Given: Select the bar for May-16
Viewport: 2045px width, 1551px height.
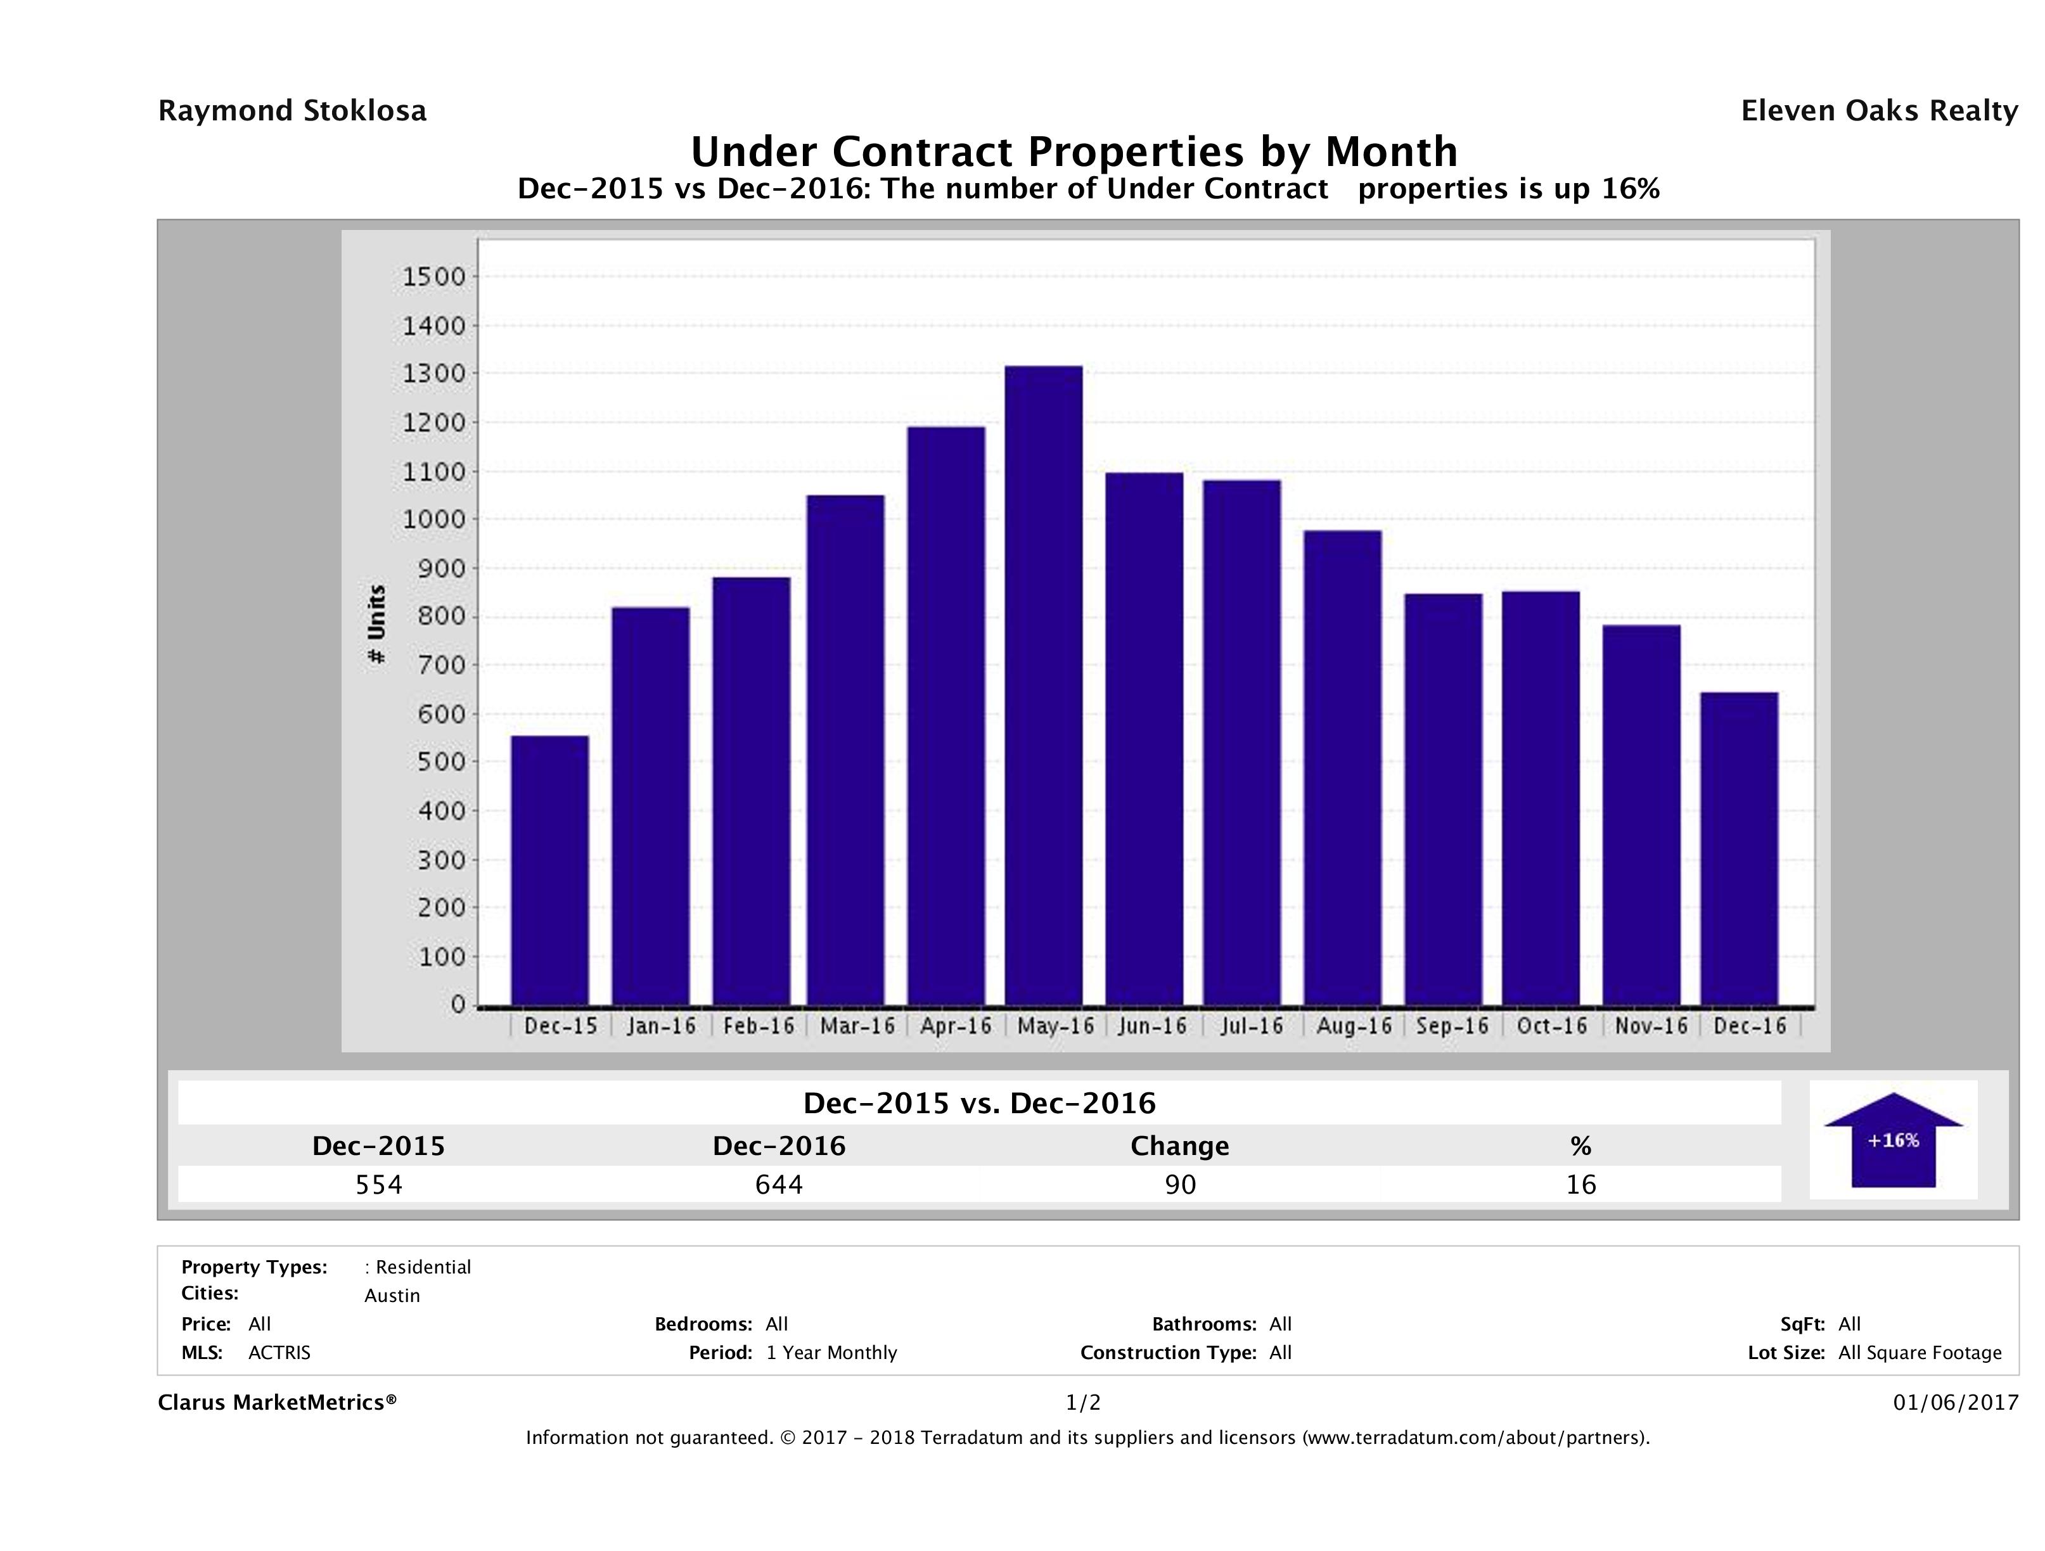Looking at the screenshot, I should (x=1044, y=685).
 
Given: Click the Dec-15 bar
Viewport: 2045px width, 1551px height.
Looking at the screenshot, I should (x=549, y=870).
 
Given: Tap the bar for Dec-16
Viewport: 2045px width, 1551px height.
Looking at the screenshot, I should (x=1739, y=848).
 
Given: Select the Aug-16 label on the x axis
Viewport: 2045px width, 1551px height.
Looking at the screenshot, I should (x=1354, y=1026).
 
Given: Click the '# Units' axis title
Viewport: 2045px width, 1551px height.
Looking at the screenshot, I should (x=376, y=624).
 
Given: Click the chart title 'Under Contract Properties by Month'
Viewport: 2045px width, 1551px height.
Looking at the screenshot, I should (x=1074, y=151).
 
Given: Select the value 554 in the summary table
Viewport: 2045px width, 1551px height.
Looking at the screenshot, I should (x=379, y=1184).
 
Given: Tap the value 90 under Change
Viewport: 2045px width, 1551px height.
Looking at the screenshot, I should (x=1180, y=1184).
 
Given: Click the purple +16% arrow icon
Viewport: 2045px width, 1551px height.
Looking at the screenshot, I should (x=1892, y=1140).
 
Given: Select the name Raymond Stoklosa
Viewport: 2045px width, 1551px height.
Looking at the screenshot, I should (x=292, y=111).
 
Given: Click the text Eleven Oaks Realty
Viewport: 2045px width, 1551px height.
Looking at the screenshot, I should (x=1878, y=111).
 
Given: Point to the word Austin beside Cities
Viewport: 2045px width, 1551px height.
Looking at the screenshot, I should (x=392, y=1296).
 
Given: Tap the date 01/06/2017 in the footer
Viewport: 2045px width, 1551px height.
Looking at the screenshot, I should (x=1955, y=1402).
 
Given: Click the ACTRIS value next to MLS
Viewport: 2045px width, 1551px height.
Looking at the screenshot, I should (x=279, y=1352).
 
